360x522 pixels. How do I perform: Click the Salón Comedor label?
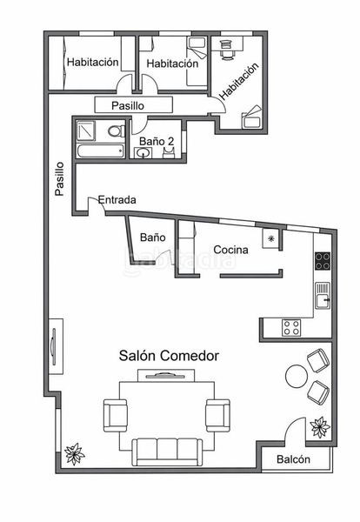point(169,356)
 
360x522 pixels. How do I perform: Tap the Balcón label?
point(293,459)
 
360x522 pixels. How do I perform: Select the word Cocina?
point(230,250)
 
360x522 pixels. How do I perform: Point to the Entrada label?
point(117,200)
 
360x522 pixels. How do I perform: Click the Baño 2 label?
point(157,141)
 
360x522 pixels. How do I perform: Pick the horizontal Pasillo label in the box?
point(128,106)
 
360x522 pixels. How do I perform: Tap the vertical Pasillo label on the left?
point(59,178)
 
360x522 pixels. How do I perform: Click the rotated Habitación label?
point(239,81)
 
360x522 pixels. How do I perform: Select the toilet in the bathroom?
point(117,131)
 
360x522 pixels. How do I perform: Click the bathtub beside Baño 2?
point(101,151)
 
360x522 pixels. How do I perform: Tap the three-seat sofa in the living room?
point(167,452)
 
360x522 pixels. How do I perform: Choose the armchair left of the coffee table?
point(116,416)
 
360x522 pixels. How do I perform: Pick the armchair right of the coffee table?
point(217,416)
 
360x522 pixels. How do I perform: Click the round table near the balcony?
point(297,376)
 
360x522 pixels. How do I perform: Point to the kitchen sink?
point(323,297)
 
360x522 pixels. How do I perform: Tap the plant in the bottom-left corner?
point(74,453)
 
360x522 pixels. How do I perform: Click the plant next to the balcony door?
point(320,427)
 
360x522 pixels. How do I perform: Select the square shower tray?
point(86,130)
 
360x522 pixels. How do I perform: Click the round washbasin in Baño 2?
point(143,153)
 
